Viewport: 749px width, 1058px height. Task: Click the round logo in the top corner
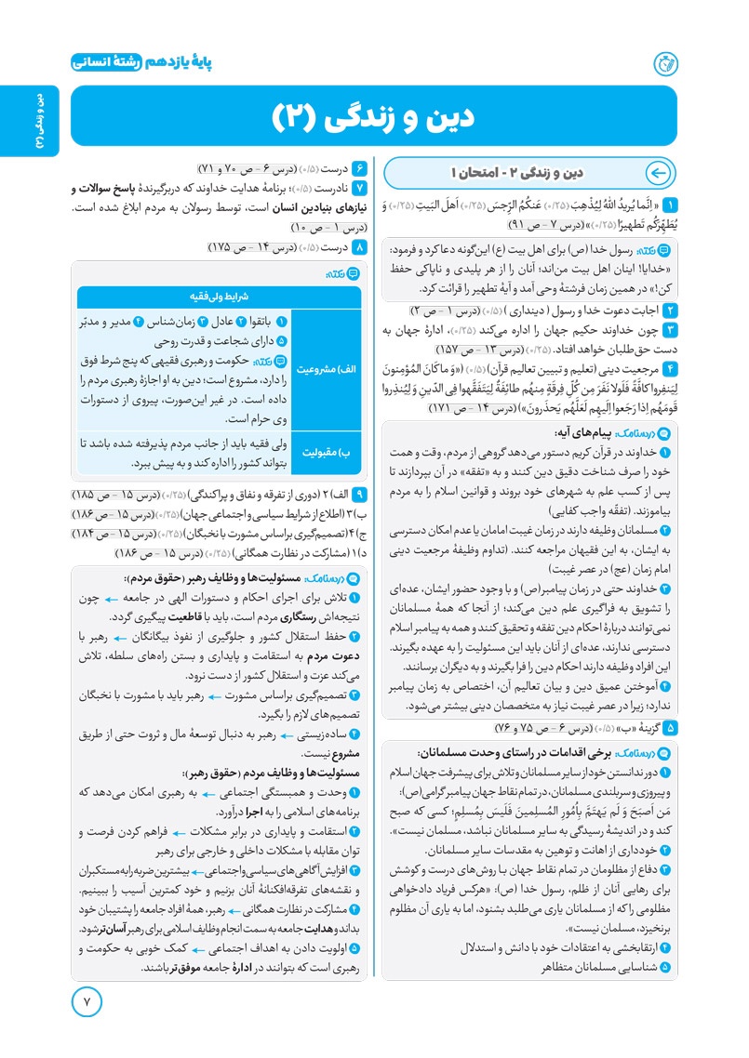(666, 62)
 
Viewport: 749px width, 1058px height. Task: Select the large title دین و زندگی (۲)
(373, 116)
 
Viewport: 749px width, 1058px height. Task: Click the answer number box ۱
(669, 204)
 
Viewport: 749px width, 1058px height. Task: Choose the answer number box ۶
(361, 168)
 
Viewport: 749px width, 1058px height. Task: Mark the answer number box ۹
(361, 494)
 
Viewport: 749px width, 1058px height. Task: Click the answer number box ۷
(361, 190)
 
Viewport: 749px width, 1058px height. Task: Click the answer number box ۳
(669, 329)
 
